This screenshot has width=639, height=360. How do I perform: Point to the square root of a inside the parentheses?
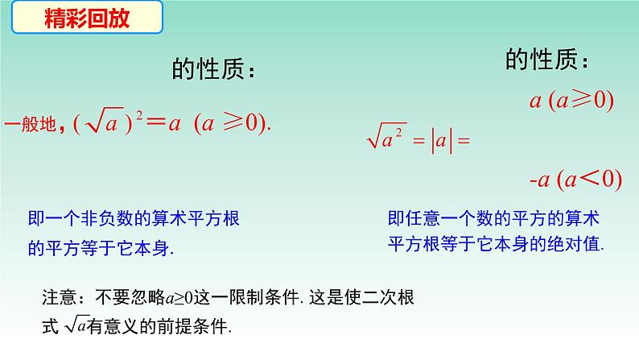(x=105, y=124)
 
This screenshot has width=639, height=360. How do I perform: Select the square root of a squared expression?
(x=386, y=139)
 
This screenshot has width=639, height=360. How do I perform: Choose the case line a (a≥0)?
(x=571, y=100)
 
